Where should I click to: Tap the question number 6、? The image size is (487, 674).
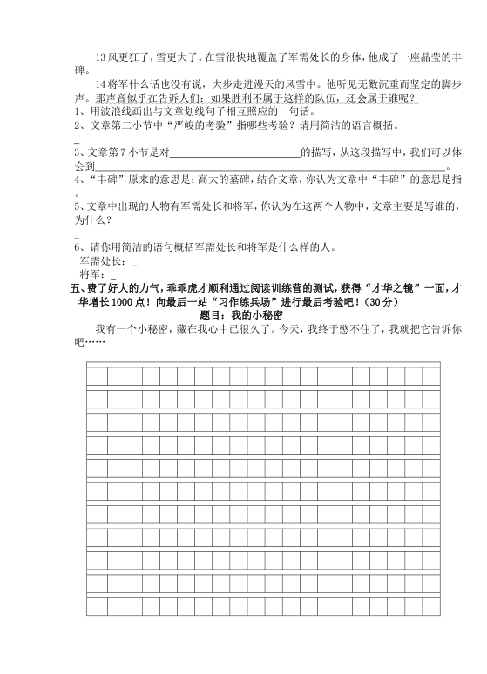tap(79, 246)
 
